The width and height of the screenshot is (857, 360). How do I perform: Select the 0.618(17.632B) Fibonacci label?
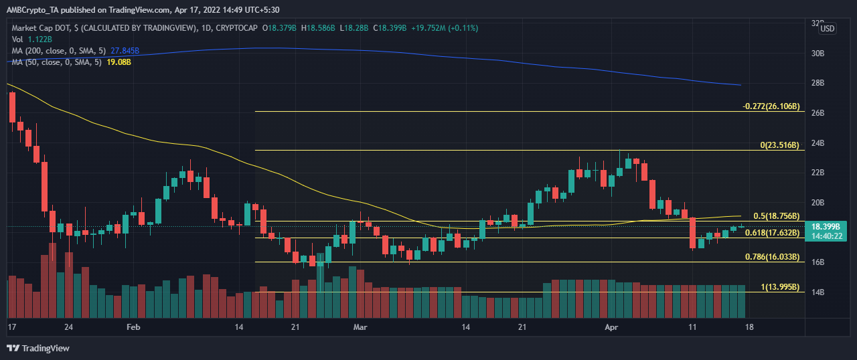[771, 233]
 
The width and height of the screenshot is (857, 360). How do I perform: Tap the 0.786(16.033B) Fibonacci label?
[771, 257]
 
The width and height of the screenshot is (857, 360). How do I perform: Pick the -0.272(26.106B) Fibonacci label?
[771, 106]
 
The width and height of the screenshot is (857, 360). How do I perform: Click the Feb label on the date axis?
[133, 327]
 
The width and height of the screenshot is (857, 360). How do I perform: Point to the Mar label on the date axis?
[360, 327]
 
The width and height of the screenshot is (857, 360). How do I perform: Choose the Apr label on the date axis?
[611, 327]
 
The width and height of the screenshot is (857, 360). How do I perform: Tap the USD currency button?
[828, 28]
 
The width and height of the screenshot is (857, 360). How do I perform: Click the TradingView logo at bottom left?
[38, 348]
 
